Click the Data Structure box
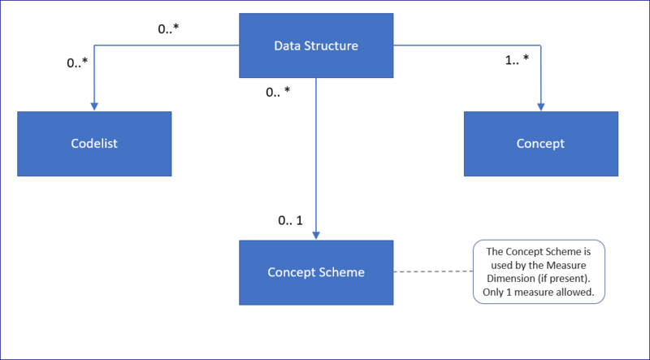[x=315, y=45]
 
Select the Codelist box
[x=94, y=144]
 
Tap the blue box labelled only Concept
[x=540, y=144]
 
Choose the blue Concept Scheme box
[x=315, y=271]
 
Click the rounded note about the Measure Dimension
[x=539, y=271]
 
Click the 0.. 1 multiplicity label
[x=290, y=220]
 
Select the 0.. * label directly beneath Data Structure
[x=278, y=92]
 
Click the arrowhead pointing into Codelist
[x=94, y=106]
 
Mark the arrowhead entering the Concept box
[x=541, y=106]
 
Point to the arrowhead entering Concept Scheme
[x=315, y=235]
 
